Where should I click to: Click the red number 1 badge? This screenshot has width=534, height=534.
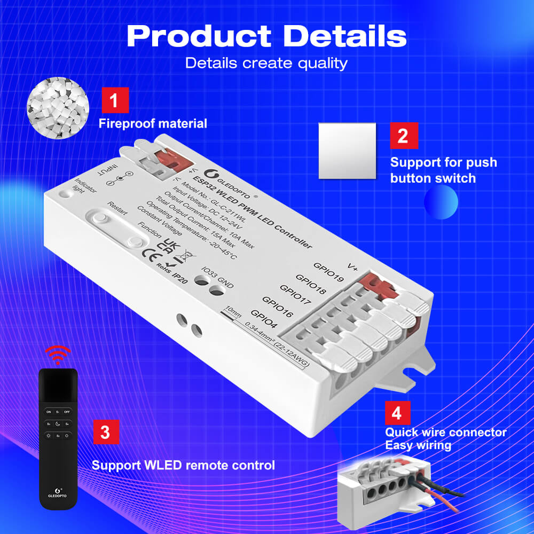coord(115,101)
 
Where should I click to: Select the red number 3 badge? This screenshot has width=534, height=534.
coord(106,432)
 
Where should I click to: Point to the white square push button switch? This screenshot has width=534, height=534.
coord(347,151)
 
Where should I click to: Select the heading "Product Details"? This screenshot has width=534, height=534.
coord(266,36)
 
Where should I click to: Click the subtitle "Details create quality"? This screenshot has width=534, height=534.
coord(266,63)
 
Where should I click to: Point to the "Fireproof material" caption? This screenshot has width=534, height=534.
coord(153,124)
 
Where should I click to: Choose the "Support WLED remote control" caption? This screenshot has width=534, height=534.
coord(183,465)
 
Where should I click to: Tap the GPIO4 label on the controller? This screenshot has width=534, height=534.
coord(263,318)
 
